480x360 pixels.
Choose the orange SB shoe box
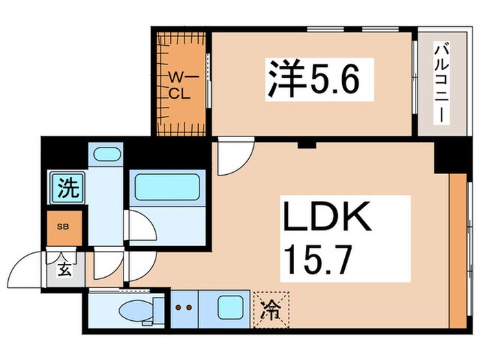pos(61,226)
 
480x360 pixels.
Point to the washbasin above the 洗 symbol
pos(106,154)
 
